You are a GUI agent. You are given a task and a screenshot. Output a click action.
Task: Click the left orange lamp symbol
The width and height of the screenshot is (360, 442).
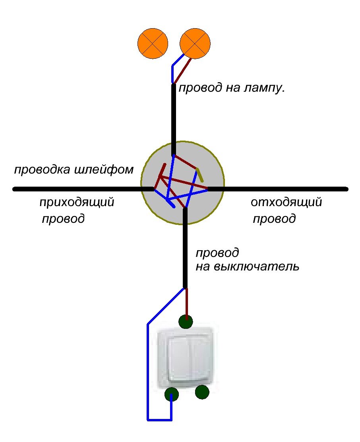point(153,44)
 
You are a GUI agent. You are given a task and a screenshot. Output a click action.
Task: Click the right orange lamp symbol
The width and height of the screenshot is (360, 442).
point(195,43)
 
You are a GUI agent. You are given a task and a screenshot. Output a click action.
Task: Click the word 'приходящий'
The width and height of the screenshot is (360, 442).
point(77,203)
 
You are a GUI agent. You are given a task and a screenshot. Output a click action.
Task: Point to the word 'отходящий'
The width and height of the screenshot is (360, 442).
point(286,203)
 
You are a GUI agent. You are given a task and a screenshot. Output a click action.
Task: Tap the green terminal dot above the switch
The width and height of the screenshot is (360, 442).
point(185,321)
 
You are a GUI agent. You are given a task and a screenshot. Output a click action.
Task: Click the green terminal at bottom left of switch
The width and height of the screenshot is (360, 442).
point(171,395)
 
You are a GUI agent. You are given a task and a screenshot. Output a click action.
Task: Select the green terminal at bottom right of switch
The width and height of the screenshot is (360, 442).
point(202,392)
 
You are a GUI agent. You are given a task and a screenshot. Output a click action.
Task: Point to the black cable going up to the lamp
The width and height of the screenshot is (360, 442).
point(173,119)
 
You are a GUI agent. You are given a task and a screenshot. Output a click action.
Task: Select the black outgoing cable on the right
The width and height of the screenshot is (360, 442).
point(278,189)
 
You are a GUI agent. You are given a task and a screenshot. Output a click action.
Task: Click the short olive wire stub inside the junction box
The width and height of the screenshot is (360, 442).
point(200,175)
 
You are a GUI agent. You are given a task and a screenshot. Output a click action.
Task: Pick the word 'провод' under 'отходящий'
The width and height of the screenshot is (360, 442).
point(274,219)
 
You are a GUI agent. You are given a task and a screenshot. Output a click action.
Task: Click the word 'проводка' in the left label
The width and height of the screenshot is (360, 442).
point(43,170)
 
